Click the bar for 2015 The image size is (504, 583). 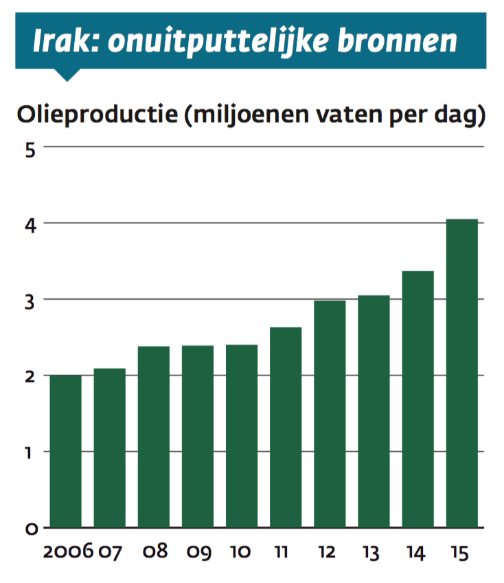click(461, 373)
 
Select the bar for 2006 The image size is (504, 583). click(65, 452)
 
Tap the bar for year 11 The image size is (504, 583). click(286, 428)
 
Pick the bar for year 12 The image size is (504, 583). click(330, 414)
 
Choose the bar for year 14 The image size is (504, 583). click(418, 399)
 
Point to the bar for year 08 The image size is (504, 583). click(153, 437)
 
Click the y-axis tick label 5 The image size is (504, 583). click(30, 151)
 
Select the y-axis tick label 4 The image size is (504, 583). click(30, 225)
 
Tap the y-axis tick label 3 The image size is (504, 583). click(30, 302)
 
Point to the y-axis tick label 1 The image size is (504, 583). click(28, 453)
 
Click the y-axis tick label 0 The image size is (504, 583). click(31, 529)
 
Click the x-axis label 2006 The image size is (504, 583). click(68, 551)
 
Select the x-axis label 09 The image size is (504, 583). click(198, 552)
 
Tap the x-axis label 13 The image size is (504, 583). click(371, 552)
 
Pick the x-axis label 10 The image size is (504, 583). click(240, 551)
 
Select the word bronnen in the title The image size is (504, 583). click(397, 40)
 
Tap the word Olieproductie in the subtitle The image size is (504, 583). click(98, 115)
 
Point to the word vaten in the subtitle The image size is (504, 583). click(350, 115)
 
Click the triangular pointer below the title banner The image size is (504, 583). click(67, 75)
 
